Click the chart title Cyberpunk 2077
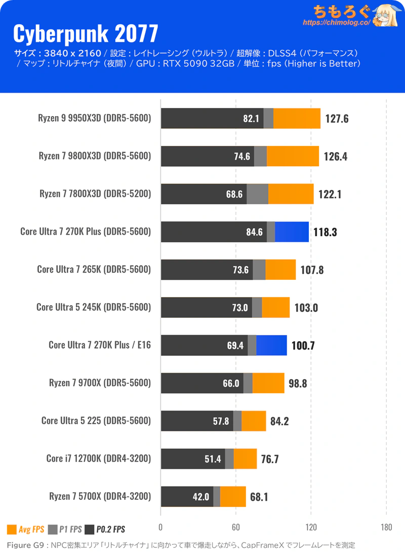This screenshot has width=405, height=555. click(x=85, y=34)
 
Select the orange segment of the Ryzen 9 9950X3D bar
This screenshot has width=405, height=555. click(x=297, y=118)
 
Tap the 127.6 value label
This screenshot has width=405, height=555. click(x=337, y=119)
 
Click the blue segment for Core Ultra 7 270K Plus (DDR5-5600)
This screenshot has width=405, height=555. click(x=292, y=232)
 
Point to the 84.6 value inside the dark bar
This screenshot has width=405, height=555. click(x=254, y=232)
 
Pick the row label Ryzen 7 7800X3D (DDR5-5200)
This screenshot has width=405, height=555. click(x=95, y=194)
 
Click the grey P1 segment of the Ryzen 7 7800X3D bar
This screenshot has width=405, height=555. click(x=257, y=194)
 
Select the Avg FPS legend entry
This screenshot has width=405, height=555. click(x=26, y=530)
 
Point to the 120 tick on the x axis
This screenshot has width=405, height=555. click(x=311, y=527)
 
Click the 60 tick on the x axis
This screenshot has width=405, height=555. click(x=235, y=527)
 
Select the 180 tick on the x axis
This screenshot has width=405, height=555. click(x=386, y=527)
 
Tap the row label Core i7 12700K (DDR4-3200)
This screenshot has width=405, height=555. click(x=98, y=459)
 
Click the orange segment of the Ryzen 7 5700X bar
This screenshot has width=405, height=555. click(x=233, y=496)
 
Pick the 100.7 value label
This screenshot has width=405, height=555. click(x=303, y=346)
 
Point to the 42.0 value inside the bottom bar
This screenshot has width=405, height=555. click(x=201, y=497)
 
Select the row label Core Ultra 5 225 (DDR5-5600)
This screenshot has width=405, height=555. click(x=96, y=421)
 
